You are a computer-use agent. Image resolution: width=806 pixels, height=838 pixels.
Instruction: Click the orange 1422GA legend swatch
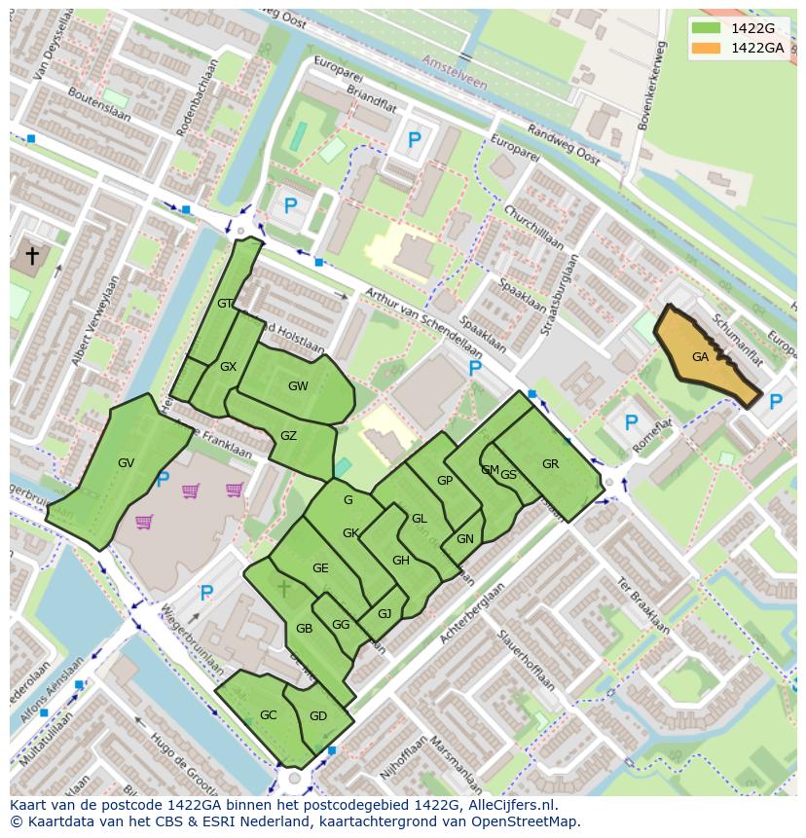point(709,48)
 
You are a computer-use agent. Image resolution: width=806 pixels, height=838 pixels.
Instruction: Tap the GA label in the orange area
point(700,357)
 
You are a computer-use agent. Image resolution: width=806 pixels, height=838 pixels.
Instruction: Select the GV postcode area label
point(126,463)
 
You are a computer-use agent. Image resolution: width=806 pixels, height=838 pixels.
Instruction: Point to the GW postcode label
point(298,386)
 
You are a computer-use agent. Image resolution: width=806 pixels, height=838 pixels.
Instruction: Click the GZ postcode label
point(288,436)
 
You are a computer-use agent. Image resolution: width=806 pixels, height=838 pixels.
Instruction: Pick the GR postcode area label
point(550,464)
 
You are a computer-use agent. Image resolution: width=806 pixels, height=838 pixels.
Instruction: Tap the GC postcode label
point(269,715)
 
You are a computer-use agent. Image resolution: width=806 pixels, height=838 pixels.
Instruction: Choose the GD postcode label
point(318,716)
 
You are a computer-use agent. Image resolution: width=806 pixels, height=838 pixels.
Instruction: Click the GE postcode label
point(320,568)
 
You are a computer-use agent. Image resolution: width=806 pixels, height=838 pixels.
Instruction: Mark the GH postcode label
point(401,561)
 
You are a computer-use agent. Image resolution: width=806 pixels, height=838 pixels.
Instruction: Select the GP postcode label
point(445,481)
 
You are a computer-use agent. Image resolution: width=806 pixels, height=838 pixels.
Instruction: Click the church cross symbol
point(31,255)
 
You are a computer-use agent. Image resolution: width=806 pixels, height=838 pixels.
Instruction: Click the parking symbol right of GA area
point(775,402)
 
